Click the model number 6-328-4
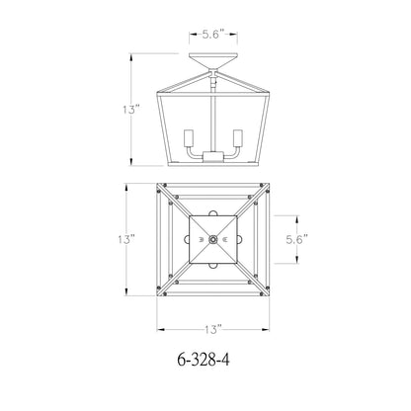[x=204, y=360]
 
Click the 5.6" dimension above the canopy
[x=213, y=35]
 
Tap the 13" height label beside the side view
[x=131, y=109]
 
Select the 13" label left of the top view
[x=126, y=239]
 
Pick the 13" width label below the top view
[x=213, y=329]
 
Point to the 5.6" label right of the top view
[x=296, y=239]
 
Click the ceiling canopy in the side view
[x=213, y=61]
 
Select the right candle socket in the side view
[x=238, y=138]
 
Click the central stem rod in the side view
[x=213, y=120]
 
